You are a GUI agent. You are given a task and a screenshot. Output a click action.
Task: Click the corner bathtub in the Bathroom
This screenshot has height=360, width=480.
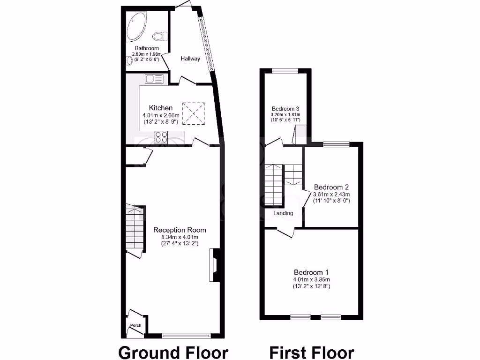pyautogui.click(x=136, y=25)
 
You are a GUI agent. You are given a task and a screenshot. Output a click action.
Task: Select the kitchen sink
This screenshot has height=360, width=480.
pyautogui.click(x=154, y=79)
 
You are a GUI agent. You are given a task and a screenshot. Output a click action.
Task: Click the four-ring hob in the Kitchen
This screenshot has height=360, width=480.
pyautogui.click(x=161, y=137)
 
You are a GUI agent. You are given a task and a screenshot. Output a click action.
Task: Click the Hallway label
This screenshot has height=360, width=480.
pyautogui.click(x=190, y=59)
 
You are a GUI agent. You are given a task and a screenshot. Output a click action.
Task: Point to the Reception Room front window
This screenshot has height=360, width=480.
pyautogui.click(x=186, y=335)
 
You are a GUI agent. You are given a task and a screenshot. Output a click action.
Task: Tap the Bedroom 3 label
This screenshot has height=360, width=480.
pyautogui.click(x=285, y=109)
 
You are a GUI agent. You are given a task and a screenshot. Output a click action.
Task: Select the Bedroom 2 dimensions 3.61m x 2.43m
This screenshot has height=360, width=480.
pyautogui.click(x=332, y=194)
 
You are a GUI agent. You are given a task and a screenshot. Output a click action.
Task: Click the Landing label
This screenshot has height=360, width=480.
pyautogui.click(x=283, y=213)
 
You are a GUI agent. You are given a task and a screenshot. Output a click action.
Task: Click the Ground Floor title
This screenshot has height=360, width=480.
pyautogui.click(x=173, y=352)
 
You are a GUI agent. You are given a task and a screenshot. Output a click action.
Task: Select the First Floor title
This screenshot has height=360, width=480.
pyautogui.click(x=311, y=352)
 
